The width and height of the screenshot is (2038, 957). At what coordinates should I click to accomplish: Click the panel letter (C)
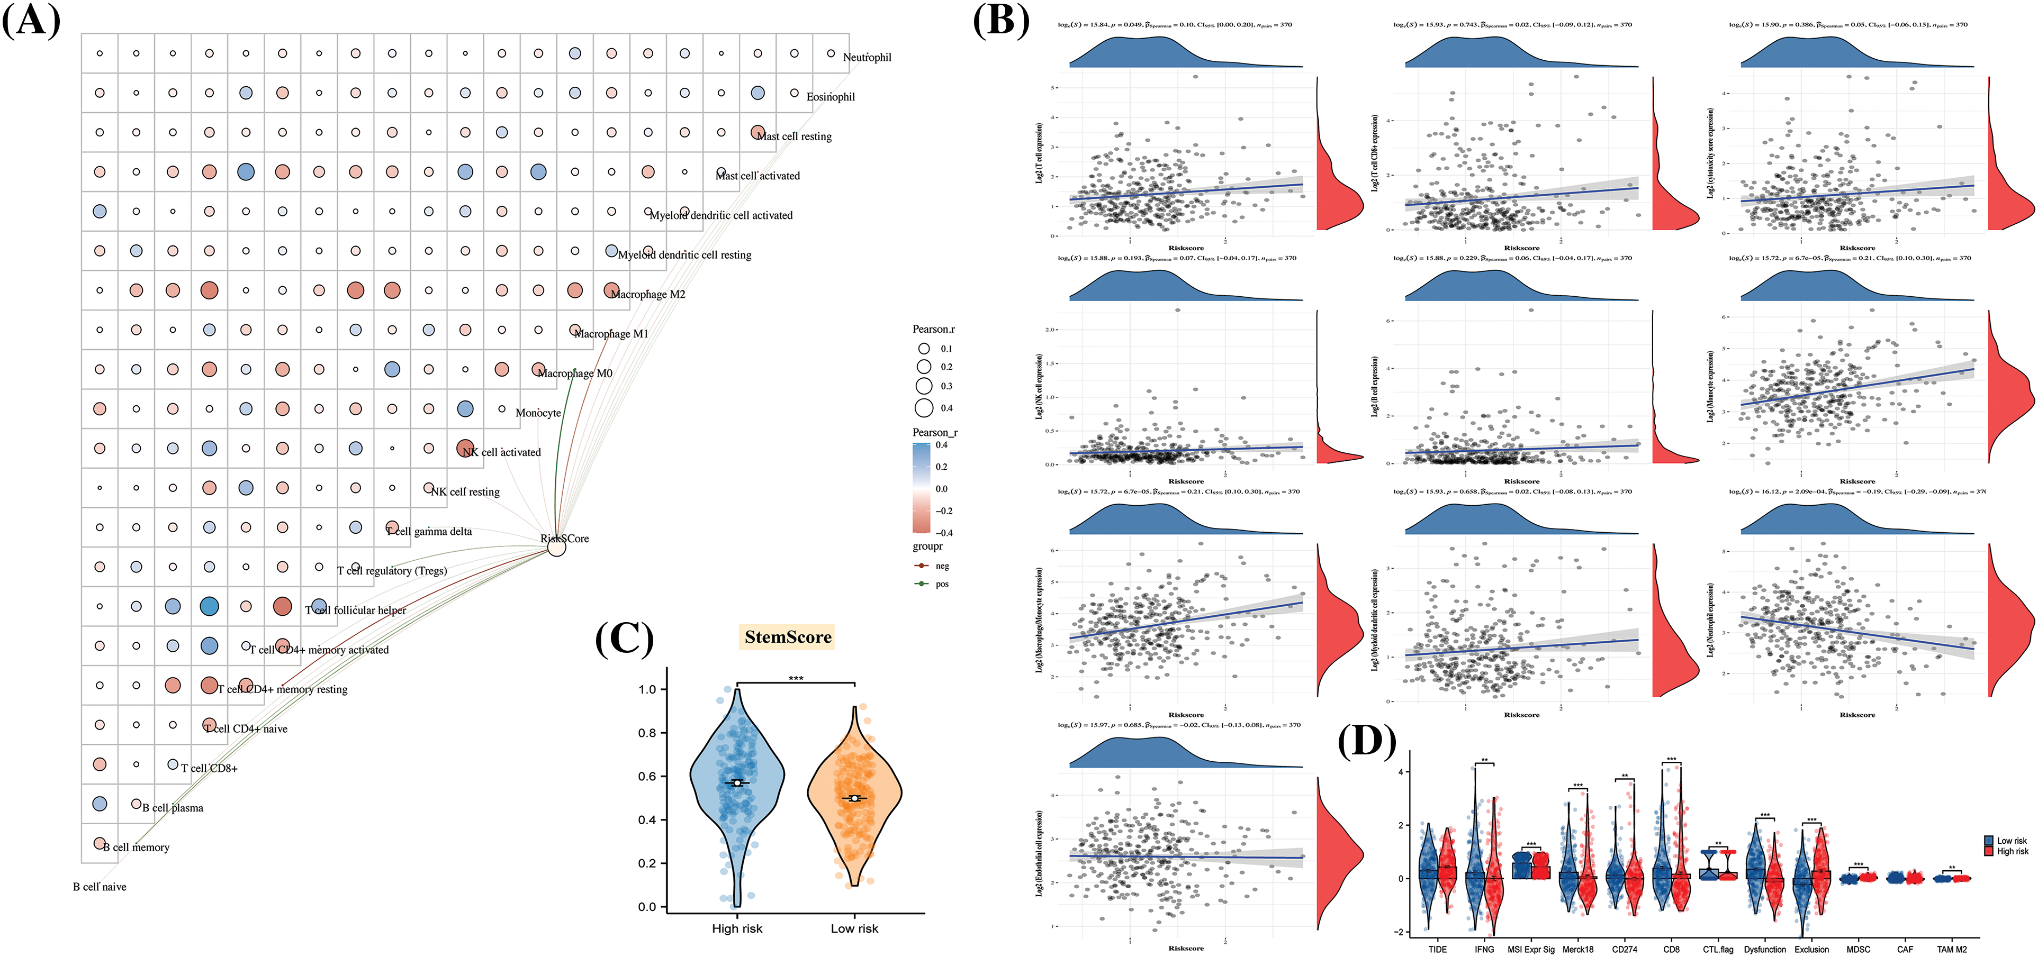click(x=624, y=639)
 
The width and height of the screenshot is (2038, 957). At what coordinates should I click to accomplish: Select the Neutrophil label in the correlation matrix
click(x=867, y=57)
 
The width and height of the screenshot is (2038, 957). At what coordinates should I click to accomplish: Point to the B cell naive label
click(x=100, y=887)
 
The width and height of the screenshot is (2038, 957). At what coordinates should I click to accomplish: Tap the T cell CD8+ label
click(x=209, y=768)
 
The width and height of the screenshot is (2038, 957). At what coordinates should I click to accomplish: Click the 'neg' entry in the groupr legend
click(x=942, y=566)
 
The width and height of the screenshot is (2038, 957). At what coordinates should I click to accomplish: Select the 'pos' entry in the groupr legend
click(x=942, y=585)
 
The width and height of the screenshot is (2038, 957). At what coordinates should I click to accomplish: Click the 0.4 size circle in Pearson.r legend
click(x=924, y=408)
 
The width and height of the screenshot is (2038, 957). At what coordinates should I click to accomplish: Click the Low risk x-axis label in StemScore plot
click(x=854, y=928)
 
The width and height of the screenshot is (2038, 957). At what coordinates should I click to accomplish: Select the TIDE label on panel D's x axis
click(x=1438, y=949)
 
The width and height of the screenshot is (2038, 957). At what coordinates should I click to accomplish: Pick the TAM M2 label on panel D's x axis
click(x=1952, y=949)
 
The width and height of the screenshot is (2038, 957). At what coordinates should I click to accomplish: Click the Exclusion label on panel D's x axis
click(x=1812, y=949)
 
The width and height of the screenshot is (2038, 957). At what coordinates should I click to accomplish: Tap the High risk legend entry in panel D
click(x=2012, y=852)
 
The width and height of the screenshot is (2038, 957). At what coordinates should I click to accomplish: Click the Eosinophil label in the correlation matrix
click(x=830, y=96)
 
